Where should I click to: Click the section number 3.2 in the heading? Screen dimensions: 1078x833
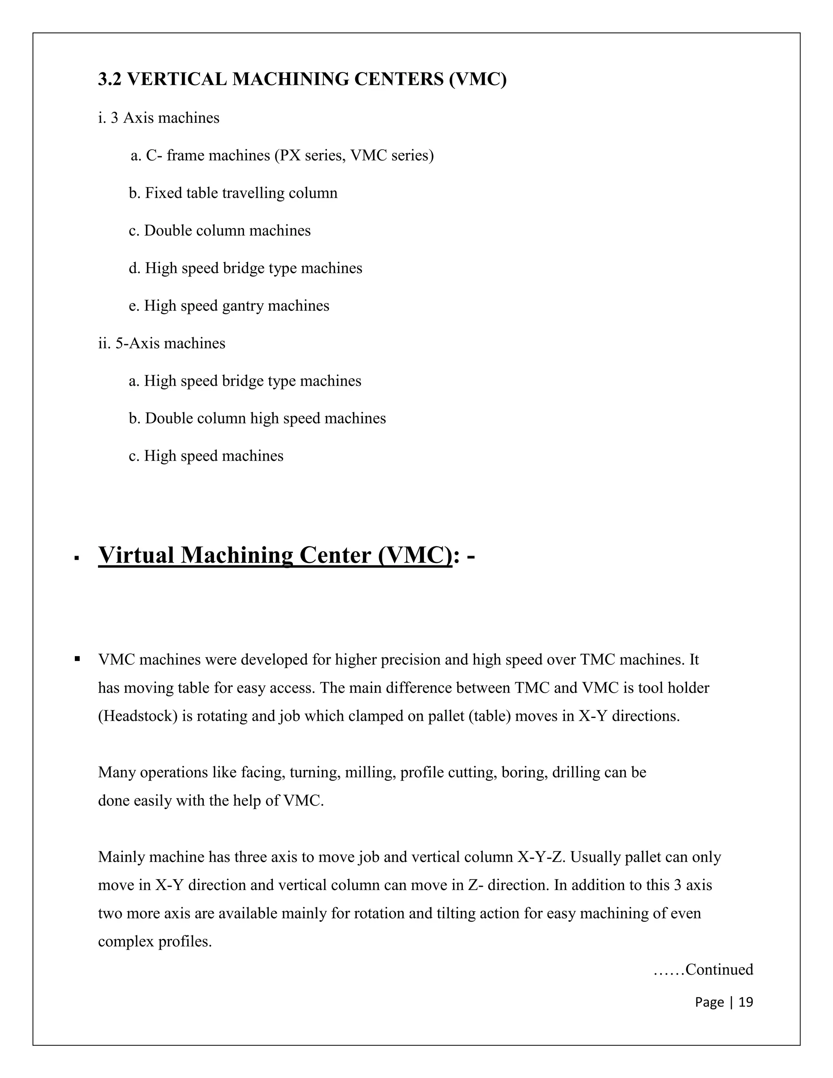tap(109, 79)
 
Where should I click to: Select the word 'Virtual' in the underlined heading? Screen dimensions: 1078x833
tap(136, 555)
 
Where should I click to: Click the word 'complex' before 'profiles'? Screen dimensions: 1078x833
tap(126, 942)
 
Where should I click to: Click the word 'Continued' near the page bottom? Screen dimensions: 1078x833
tap(719, 970)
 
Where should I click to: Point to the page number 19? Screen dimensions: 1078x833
tap(746, 1002)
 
